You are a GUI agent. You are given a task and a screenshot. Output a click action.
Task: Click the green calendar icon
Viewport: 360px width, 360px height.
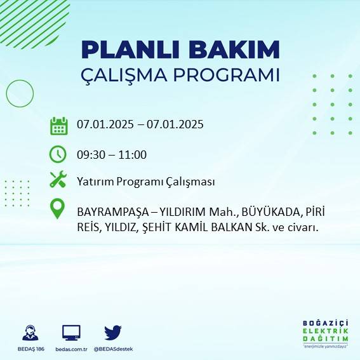tap(58, 126)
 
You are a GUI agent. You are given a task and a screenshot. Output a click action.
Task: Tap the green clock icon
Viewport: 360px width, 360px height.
tap(58, 154)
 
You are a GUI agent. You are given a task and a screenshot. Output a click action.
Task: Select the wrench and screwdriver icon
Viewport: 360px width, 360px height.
tap(58, 181)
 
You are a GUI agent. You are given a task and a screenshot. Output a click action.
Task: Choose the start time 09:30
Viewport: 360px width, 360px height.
tap(91, 155)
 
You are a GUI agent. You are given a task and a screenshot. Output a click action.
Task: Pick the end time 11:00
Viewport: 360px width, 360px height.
tap(133, 155)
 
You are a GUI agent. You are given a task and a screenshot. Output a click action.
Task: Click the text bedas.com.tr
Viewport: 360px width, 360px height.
tap(71, 349)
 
